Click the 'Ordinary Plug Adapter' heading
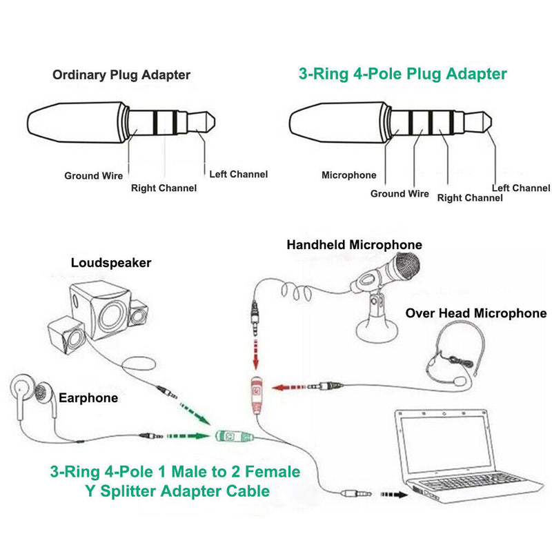click(121, 75)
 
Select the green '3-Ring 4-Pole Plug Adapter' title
click(402, 74)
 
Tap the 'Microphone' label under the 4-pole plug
click(349, 175)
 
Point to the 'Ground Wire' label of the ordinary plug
click(94, 176)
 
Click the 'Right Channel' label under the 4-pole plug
click(470, 198)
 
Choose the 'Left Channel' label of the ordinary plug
click(238, 174)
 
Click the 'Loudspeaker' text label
click(111, 263)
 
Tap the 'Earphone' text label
click(88, 398)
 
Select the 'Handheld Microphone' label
click(355, 245)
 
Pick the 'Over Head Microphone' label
click(476, 313)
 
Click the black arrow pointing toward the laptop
click(393, 495)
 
